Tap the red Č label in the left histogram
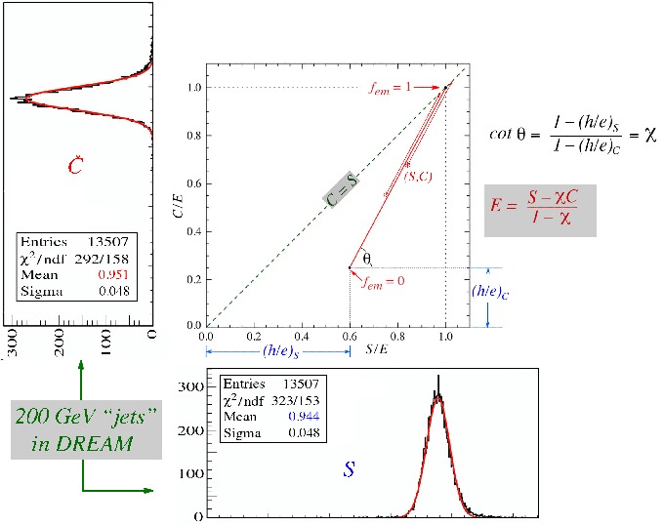[76, 167]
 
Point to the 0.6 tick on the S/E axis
[351, 334]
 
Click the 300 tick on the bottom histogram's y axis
[194, 387]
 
